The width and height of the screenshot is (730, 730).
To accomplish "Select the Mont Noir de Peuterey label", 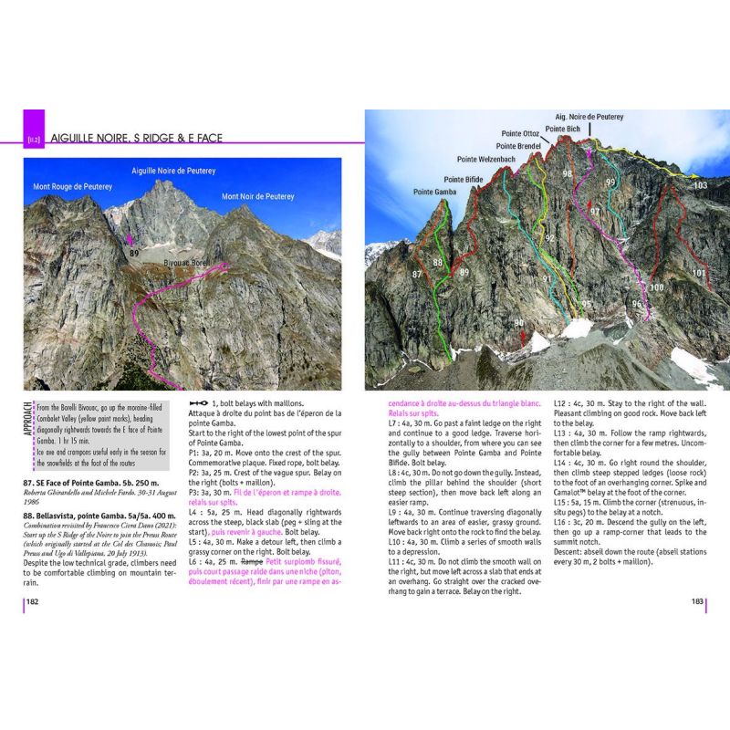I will (x=258, y=196).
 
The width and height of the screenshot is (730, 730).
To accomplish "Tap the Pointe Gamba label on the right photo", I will (x=434, y=192).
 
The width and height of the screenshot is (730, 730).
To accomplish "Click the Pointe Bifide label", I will (x=463, y=180).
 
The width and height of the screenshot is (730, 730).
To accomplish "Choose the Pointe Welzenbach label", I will (x=486, y=159).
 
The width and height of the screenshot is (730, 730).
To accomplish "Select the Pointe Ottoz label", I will (x=519, y=133).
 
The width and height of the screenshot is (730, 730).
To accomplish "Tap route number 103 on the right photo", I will (x=699, y=185).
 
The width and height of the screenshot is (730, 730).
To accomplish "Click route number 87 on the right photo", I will (x=418, y=274).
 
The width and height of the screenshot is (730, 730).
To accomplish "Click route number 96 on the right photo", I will (x=637, y=304).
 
